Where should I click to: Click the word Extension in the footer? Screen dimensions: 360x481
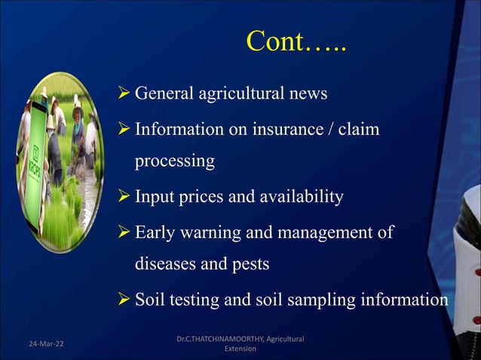[240, 349]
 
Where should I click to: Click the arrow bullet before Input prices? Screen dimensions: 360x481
[124, 197]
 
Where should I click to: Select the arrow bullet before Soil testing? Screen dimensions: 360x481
[124, 299]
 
